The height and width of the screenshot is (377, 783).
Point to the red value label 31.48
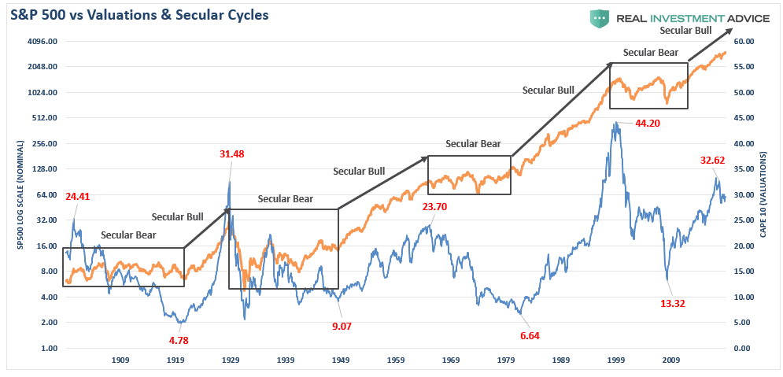[231, 153]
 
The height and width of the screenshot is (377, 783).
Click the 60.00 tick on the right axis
[744, 41]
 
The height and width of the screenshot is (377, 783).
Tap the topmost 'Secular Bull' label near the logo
[685, 31]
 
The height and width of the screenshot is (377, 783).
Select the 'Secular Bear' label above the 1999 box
[650, 53]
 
